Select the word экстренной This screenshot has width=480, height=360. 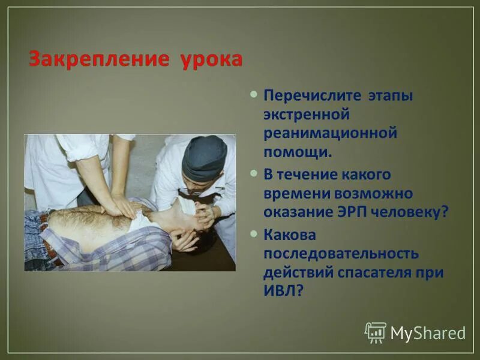tap(306, 114)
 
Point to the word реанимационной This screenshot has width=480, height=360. tap(331, 133)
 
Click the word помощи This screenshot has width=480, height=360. tap(296, 151)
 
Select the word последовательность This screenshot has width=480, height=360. tap(341, 253)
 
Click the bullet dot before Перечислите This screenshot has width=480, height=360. tap(254, 94)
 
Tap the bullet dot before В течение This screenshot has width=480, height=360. tap(254, 173)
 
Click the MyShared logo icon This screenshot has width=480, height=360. tap(376, 332)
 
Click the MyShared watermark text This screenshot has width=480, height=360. tap(428, 333)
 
